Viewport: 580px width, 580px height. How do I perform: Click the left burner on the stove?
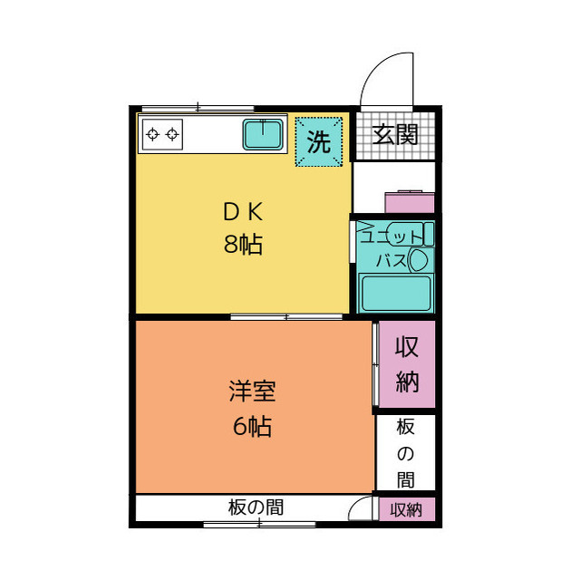pos(152,135)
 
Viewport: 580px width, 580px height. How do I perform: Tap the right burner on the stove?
pos(172,135)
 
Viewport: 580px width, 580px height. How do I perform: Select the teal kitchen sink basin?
pos(264,135)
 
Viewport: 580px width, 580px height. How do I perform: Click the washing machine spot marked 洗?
pos(318,141)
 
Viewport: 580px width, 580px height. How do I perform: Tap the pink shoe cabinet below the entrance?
pos(407,201)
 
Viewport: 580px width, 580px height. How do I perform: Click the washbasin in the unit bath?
pos(419,261)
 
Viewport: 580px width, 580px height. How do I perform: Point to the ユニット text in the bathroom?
pos(391,237)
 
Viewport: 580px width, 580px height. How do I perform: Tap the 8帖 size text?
pos(243,244)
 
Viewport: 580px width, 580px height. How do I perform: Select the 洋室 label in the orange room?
pos(251,393)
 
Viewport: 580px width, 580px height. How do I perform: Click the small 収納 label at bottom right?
pos(406,510)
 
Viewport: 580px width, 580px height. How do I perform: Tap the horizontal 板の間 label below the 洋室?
pos(255,507)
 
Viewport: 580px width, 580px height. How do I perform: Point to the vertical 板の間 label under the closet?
pos(405,453)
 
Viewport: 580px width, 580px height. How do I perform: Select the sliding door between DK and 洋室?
pos(286,316)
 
